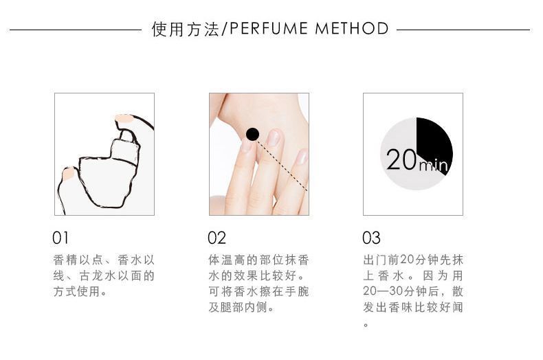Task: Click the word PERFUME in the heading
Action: [268, 28]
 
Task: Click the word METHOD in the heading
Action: [352, 28]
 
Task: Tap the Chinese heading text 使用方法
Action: [186, 29]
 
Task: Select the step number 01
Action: [60, 238]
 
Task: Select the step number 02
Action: [217, 238]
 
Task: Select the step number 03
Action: [371, 238]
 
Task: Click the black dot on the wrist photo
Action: [252, 134]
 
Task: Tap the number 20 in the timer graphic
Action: [401, 159]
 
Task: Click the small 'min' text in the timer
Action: [433, 166]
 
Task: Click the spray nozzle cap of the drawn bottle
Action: [125, 150]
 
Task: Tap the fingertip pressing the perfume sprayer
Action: [123, 119]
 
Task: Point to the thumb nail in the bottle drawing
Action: [68, 173]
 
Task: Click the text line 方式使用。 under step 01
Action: [80, 291]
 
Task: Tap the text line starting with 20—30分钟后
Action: [413, 291]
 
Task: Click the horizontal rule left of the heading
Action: [76, 30]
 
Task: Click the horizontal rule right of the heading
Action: [463, 30]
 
